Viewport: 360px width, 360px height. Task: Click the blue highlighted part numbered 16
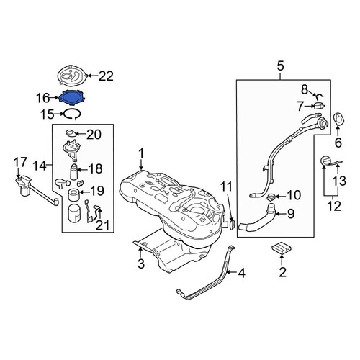(73, 97)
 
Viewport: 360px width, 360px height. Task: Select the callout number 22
(106, 76)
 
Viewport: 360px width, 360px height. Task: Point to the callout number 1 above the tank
(141, 153)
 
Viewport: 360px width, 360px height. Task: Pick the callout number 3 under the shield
(141, 264)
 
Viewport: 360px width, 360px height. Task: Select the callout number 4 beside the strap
(241, 273)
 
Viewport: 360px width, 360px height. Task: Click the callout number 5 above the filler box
(280, 66)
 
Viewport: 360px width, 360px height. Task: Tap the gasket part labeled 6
(338, 119)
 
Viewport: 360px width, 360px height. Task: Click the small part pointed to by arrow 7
(320, 105)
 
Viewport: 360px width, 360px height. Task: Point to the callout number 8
(305, 90)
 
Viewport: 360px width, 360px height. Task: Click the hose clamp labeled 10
(271, 197)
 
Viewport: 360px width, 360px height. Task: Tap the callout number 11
(227, 186)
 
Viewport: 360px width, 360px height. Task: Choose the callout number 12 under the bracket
(334, 206)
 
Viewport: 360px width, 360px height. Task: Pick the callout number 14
(40, 166)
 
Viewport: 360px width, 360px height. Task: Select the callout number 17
(20, 163)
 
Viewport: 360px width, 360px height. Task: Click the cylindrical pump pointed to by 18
(73, 172)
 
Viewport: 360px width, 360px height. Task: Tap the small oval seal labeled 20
(71, 132)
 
